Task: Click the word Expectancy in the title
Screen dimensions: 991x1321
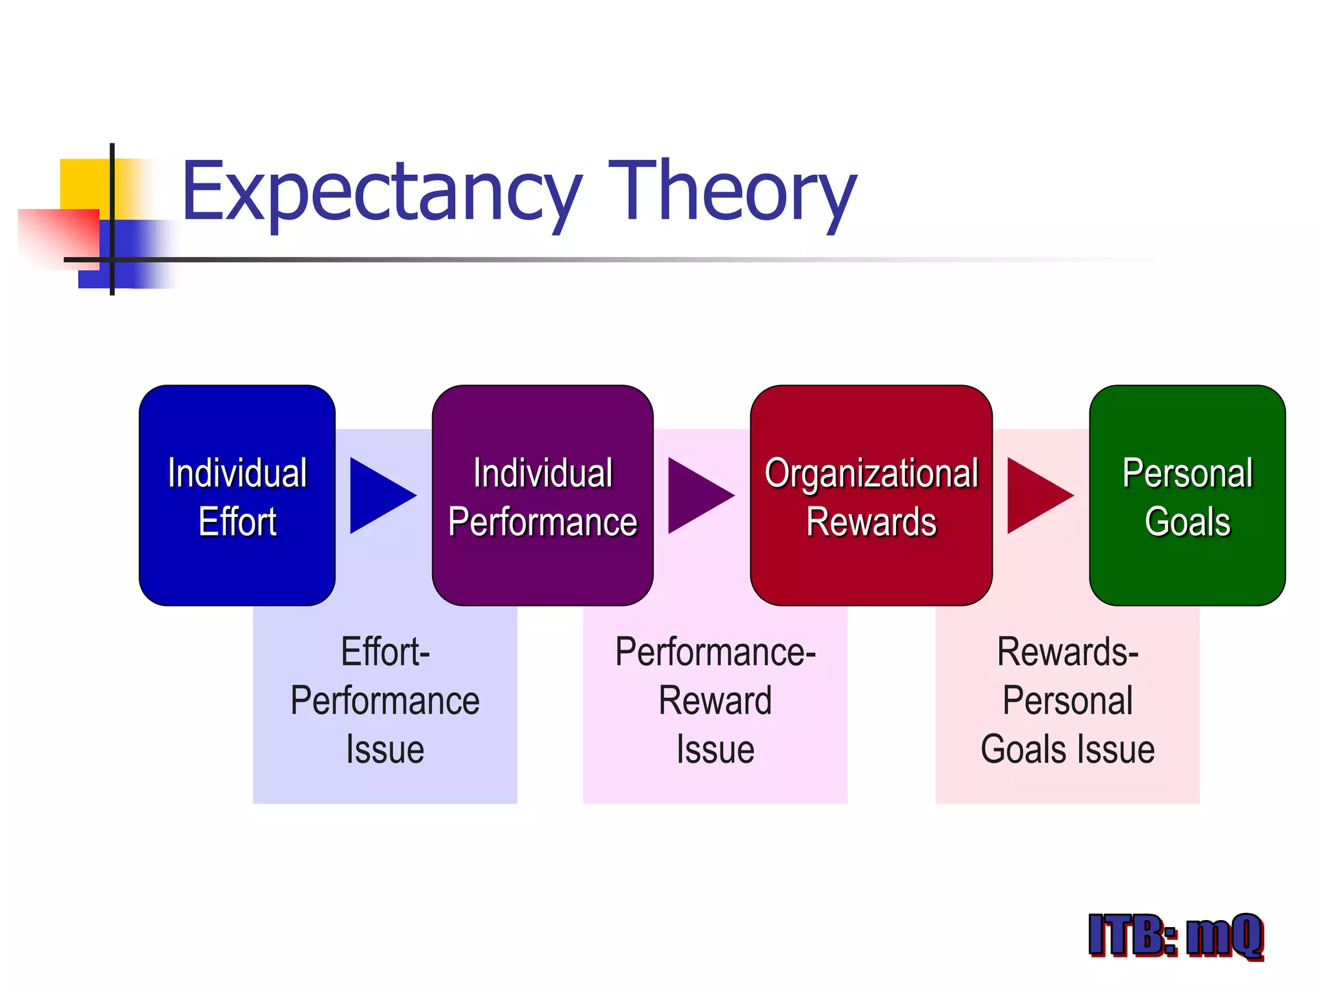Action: [381, 194]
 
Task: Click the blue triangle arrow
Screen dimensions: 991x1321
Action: [377, 495]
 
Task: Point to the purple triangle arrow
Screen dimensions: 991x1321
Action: [695, 495]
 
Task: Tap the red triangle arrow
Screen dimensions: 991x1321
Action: [1035, 495]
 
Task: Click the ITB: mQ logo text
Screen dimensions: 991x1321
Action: [1175, 935]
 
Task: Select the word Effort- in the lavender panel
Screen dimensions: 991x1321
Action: [385, 652]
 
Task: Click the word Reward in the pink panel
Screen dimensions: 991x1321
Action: [715, 701]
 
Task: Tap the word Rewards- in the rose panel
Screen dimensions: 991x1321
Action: [1068, 652]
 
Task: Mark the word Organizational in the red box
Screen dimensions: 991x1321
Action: [871, 473]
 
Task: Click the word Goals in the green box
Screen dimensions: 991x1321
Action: [1187, 521]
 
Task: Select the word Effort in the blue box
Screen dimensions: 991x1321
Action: [237, 521]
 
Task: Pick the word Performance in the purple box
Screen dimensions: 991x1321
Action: [542, 521]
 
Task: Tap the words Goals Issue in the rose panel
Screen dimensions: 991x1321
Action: [1068, 750]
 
